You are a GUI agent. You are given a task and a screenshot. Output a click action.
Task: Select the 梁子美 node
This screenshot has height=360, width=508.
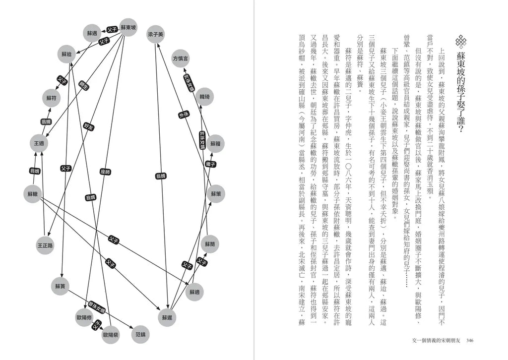(x=155, y=34)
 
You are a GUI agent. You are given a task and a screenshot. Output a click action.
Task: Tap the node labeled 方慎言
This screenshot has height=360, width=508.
(x=180, y=59)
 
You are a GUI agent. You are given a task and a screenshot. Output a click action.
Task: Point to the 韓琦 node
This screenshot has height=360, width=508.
(x=205, y=96)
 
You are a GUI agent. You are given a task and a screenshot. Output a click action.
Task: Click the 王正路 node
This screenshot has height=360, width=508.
(x=45, y=244)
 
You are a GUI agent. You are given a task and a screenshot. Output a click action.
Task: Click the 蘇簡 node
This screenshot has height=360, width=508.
(x=209, y=244)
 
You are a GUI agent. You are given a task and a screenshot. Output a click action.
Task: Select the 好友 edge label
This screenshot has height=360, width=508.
(x=88, y=126)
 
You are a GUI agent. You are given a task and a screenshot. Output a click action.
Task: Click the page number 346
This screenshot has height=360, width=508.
(x=471, y=340)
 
